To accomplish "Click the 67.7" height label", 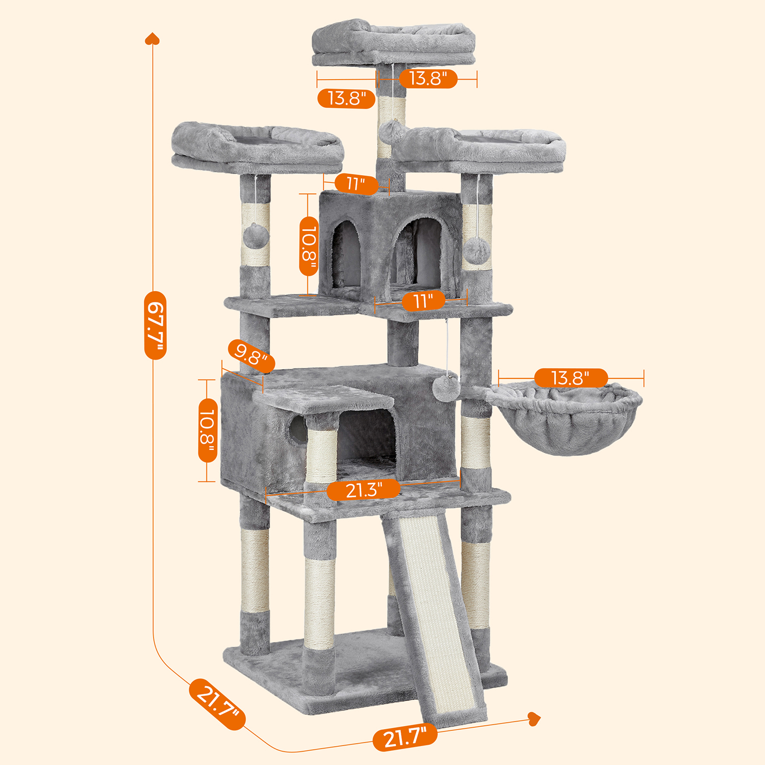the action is tap(155, 325).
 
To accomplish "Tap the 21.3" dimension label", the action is tap(364, 490).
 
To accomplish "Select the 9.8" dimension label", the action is tap(251, 355).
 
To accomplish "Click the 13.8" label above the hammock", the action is tap(571, 378).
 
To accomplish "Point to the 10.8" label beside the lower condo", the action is tap(208, 430).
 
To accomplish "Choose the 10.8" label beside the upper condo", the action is tap(309, 246).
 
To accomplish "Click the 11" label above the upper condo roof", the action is tap(356, 184).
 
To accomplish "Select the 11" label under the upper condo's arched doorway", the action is tap(423, 301).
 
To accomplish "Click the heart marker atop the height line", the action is tap(152, 39).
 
